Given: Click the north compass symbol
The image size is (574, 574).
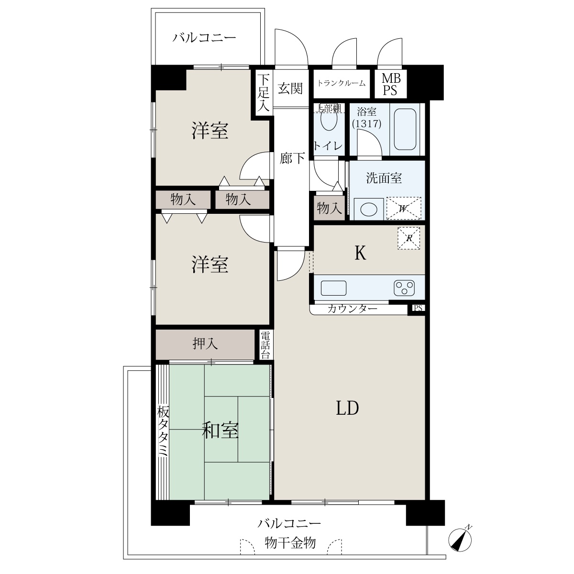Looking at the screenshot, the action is tap(460, 540).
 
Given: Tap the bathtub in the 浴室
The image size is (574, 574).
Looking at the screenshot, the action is tap(405, 129).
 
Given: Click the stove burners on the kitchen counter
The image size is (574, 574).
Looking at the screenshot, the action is tap(404, 287).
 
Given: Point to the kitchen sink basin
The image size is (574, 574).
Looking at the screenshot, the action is tap(333, 288).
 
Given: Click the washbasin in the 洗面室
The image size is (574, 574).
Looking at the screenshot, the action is tap(368, 209).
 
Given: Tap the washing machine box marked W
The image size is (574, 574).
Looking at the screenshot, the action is tap(404, 208).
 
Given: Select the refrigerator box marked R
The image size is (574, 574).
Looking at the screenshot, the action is tap(408, 238).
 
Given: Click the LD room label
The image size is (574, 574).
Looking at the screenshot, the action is tap(347, 408).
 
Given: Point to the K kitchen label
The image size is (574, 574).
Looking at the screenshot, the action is tap(360, 254).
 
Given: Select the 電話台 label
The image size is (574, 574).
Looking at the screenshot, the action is tap(265, 345).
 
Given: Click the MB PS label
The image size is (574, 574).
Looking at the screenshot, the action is tap(391, 84).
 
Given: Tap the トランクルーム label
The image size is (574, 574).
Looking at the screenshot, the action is tap(342, 83).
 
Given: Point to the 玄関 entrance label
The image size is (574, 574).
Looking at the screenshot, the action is tap(290, 88).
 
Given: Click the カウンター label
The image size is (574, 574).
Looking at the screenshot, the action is tap(352, 309).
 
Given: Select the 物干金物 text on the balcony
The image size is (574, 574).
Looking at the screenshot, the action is tap(290, 543).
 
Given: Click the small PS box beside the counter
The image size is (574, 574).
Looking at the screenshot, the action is tap(418, 308).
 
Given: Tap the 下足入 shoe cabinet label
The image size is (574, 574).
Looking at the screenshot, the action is tap(263, 93).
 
